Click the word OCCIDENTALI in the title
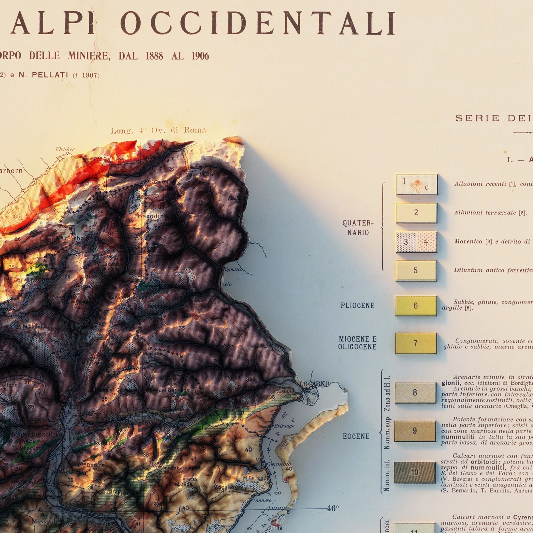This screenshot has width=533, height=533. coord(258,23)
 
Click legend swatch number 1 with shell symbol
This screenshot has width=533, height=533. coord(417,184)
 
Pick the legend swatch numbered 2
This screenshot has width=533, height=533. coord(416,213)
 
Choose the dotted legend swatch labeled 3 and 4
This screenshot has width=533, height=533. coord(416,242)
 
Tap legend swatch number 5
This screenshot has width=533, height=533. coord(416,271)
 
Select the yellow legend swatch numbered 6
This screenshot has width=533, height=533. coord(416,306)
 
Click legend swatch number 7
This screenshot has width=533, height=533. coord(416,343)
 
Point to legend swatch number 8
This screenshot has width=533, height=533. coord(415,393)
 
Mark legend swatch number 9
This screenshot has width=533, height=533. coord(415,431)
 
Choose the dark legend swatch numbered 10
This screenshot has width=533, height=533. coord(415,472)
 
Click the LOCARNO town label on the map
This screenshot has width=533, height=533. coord(314,384)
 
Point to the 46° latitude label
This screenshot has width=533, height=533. coord(332,501)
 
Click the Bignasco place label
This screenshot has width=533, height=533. coord(233,269)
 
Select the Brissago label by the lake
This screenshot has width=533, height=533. coord(284,426)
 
